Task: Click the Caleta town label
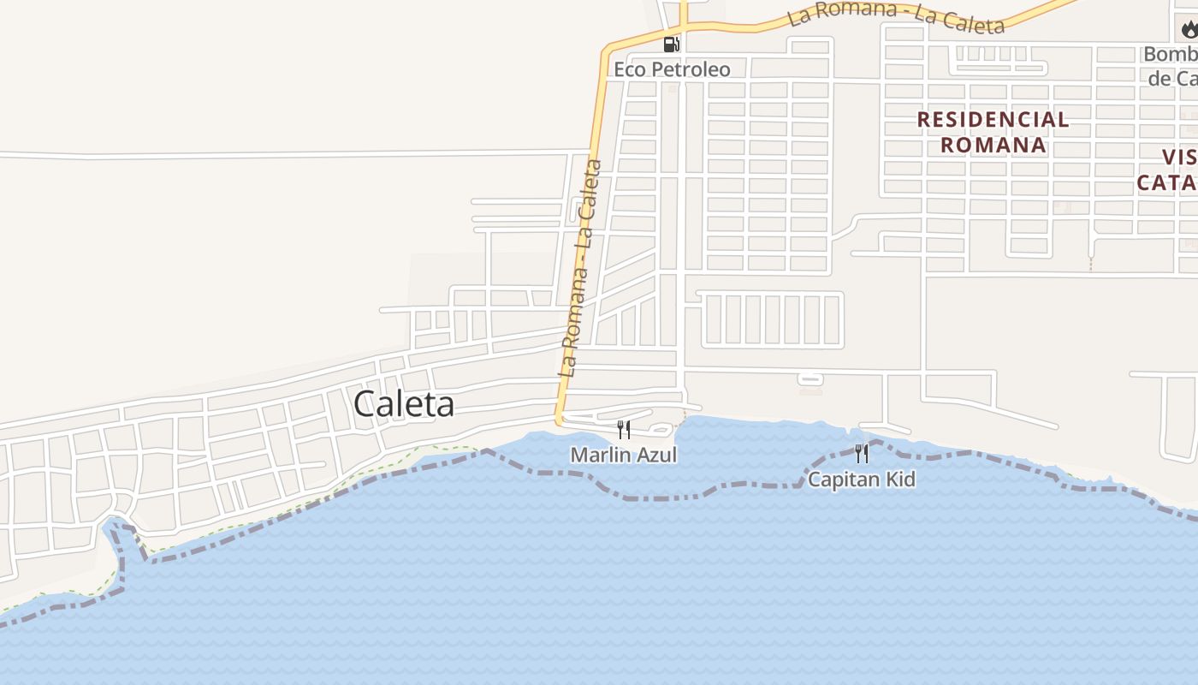click(x=403, y=404)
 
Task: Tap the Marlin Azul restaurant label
click(x=624, y=456)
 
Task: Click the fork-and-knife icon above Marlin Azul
click(x=624, y=429)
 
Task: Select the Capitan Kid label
click(x=862, y=479)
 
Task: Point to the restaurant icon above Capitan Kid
click(x=862, y=453)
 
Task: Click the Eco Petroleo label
click(x=672, y=69)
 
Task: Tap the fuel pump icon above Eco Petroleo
click(x=672, y=45)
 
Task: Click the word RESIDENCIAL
click(x=993, y=120)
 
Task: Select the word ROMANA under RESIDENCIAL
click(x=993, y=145)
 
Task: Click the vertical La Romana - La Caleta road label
click(x=580, y=269)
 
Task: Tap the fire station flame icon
click(x=1189, y=31)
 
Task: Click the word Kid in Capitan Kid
click(x=900, y=479)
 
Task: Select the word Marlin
click(x=602, y=456)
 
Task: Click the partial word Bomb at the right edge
click(x=1171, y=55)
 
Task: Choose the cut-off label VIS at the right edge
click(x=1179, y=158)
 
